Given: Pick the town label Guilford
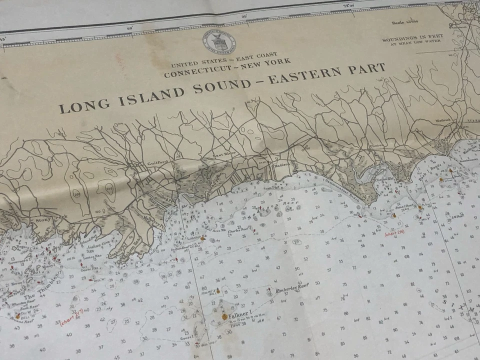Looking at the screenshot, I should pyautogui.click(x=155, y=163).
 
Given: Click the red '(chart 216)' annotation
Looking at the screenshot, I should pyautogui.click(x=394, y=232).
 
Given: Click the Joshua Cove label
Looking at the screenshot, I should pyautogui.click(x=97, y=246).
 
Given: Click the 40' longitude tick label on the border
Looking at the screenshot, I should pyautogui.click(x=129, y=28).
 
